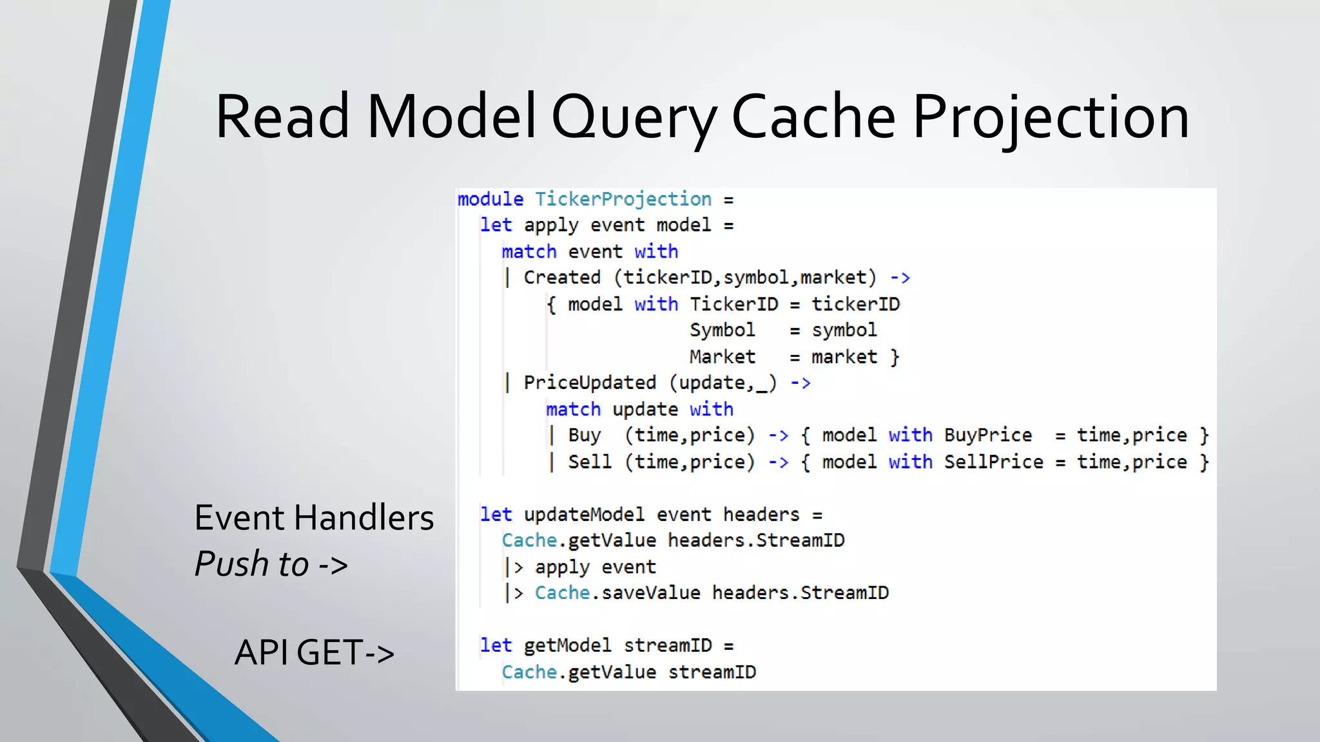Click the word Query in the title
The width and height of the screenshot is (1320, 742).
[x=634, y=117]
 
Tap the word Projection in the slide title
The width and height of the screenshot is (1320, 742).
[x=1051, y=117]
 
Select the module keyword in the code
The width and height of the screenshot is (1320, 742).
[x=490, y=199]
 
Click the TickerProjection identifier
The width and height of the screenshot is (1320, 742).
[x=623, y=199]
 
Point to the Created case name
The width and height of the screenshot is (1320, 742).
[x=561, y=278]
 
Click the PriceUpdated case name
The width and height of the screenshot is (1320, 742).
[x=589, y=383]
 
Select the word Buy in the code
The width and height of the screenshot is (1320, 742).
[x=584, y=435]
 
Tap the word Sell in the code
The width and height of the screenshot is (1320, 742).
[x=589, y=462]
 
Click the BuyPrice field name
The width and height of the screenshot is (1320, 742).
[x=987, y=435]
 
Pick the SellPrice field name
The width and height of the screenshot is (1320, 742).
[x=993, y=462]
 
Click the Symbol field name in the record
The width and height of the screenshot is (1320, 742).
[x=722, y=330]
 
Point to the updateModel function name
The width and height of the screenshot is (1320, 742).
[x=583, y=515]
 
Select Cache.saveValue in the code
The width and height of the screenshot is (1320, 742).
[x=617, y=593]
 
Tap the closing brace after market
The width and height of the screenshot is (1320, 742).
[x=894, y=357]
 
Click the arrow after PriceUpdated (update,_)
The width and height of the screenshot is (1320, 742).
[x=801, y=383]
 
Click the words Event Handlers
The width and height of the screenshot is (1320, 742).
[x=314, y=518]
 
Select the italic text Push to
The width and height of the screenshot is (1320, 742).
[x=252, y=564]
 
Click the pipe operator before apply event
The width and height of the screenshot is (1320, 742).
[x=514, y=567]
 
